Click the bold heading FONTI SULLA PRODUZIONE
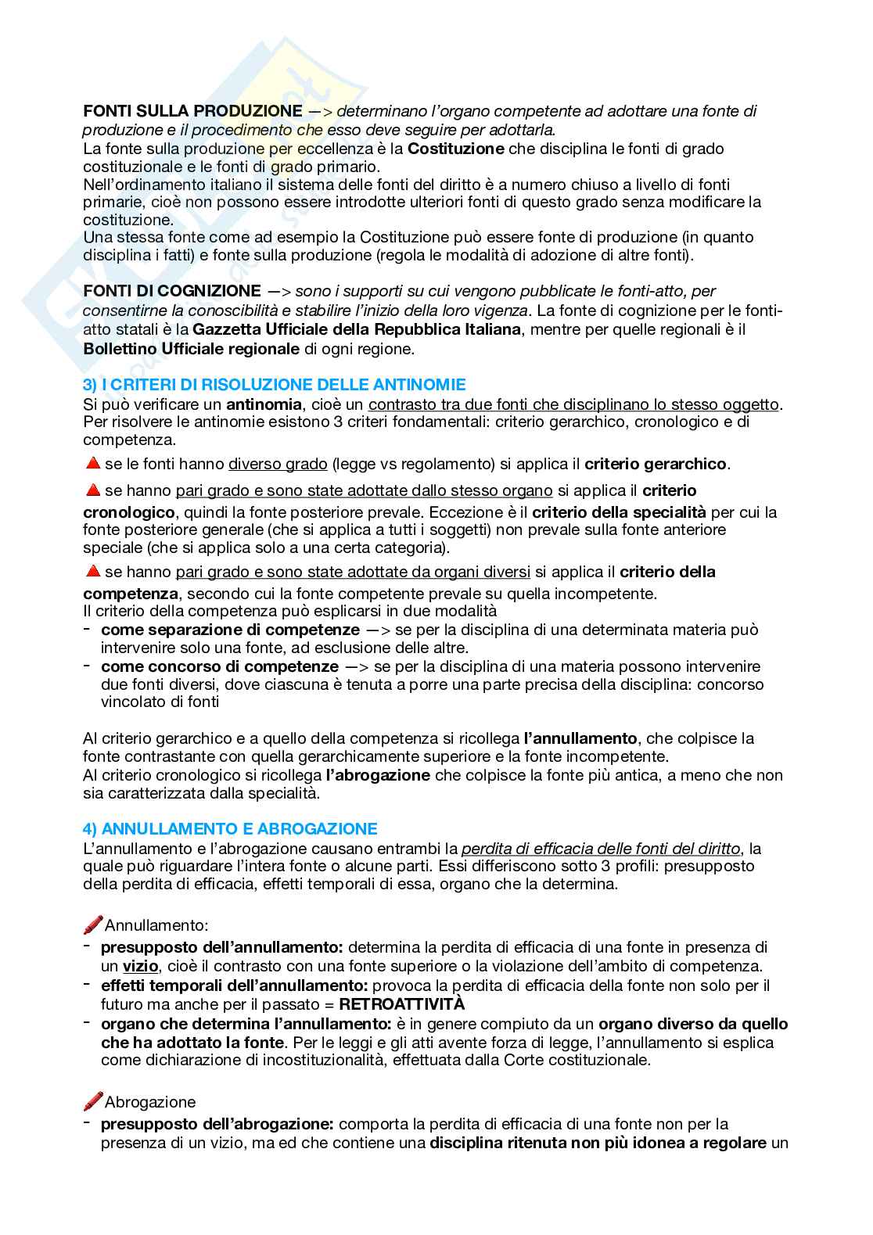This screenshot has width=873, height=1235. [192, 111]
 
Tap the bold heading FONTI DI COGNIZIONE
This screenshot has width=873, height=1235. [171, 291]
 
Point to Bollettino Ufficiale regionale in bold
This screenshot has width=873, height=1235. [191, 348]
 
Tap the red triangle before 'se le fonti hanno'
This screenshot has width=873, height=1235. [92, 464]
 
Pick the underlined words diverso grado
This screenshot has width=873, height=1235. [278, 464]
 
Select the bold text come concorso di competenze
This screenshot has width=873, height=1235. [220, 666]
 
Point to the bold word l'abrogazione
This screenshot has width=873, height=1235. [378, 775]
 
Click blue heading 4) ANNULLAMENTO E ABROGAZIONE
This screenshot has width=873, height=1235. [230, 828]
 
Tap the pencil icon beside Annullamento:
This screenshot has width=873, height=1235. [92, 925]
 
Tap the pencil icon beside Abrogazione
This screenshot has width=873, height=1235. [92, 1101]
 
